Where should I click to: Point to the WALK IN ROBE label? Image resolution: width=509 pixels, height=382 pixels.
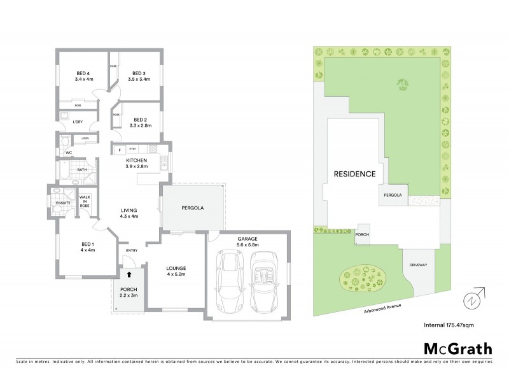click(x=85, y=201)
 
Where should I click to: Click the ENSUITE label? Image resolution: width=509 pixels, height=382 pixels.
click(x=63, y=204)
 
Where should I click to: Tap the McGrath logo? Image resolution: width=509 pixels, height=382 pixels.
click(x=457, y=348)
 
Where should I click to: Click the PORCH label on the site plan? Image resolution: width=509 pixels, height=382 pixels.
click(x=362, y=234)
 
